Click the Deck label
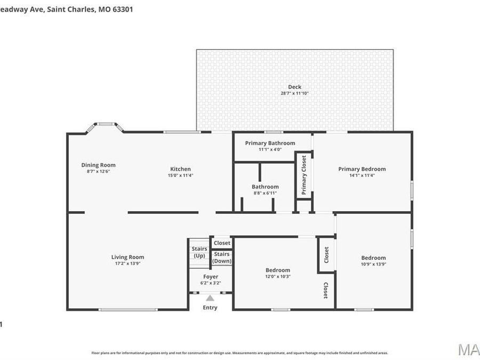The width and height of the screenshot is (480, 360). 294,87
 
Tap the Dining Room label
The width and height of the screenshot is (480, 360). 98,165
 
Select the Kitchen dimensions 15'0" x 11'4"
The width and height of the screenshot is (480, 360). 180,175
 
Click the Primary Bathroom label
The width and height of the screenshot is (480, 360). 270,143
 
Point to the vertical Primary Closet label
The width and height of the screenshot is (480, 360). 304,174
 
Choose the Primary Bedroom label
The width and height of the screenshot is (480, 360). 362,169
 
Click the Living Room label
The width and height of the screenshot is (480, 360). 127,257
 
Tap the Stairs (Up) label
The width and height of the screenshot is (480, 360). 199,252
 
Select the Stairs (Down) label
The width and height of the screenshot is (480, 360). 222,257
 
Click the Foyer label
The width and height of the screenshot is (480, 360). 211,277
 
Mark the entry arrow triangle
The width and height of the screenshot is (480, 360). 210,298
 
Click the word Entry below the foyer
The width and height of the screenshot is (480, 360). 210,308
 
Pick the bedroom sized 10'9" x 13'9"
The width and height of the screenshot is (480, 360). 373,261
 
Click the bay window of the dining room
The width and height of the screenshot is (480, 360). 105,126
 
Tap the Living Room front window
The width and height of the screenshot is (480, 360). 128,309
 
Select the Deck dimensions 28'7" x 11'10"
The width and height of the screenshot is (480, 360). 294,93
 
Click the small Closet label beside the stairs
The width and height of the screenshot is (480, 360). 222,243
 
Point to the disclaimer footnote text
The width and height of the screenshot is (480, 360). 239,353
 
